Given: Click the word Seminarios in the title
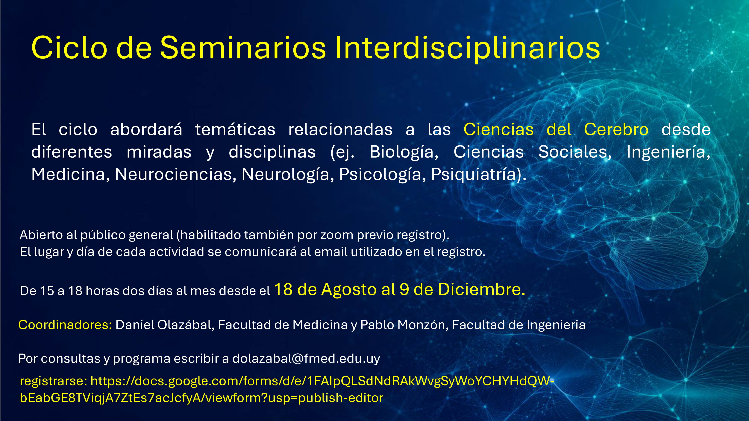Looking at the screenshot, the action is [x=243, y=48].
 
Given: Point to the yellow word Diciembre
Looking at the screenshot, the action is [x=481, y=289].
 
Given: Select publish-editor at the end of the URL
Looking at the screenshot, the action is [x=341, y=398].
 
